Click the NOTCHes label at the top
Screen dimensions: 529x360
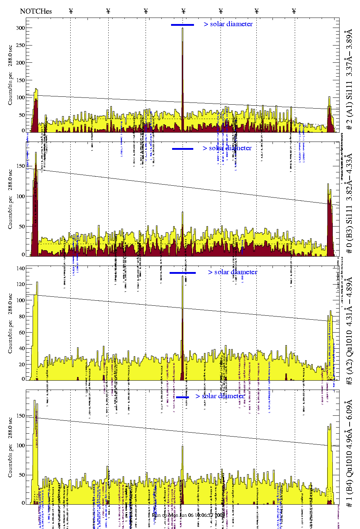[x=36, y=11]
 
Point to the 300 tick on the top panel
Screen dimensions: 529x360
[x=20, y=28]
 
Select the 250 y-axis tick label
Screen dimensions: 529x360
[x=20, y=46]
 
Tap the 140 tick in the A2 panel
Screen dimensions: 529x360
[x=20, y=268]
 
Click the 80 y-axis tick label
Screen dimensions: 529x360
[x=22, y=316]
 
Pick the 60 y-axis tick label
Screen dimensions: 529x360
[x=22, y=333]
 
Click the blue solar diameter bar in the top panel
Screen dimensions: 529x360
[x=183, y=25]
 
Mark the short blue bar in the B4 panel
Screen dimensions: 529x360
[x=183, y=397]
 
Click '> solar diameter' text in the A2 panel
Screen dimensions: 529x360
[x=233, y=272]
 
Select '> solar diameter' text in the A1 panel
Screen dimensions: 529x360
[x=228, y=24]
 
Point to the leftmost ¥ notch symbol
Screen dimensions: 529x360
[x=71, y=11]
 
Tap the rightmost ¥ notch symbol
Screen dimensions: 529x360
[x=294, y=11]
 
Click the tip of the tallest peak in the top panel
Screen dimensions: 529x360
[x=183, y=28]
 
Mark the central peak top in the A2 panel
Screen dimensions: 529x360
[x=183, y=276]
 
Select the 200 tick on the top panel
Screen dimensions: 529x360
[x=20, y=63]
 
